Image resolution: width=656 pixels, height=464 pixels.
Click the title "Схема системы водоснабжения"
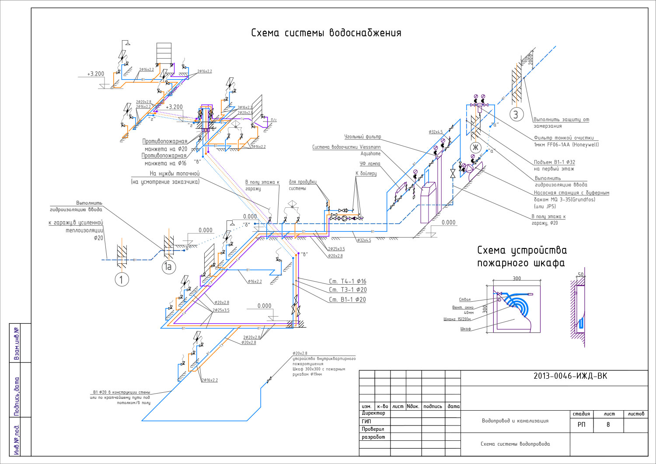pyautogui.click(x=326, y=33)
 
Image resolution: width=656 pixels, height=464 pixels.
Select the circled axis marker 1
pyautogui.click(x=122, y=279)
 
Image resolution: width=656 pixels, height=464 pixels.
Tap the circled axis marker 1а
pyautogui.click(x=169, y=267)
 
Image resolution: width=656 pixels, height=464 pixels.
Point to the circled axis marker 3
pyautogui.click(x=516, y=115)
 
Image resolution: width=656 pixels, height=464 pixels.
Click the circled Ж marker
pyautogui.click(x=476, y=147)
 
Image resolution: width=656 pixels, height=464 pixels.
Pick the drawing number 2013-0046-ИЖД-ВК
pyautogui.click(x=570, y=376)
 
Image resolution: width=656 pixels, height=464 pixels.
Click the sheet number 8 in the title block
pyautogui.click(x=608, y=425)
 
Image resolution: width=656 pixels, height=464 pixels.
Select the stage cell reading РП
pyautogui.click(x=581, y=425)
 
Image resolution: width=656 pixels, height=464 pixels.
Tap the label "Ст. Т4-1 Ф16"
pyautogui.click(x=348, y=282)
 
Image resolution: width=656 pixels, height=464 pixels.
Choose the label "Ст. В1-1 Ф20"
pyautogui.click(x=347, y=300)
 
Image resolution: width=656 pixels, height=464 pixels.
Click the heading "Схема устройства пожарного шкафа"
pyautogui.click(x=522, y=257)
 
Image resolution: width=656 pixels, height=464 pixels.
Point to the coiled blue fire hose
pyautogui.click(x=518, y=304)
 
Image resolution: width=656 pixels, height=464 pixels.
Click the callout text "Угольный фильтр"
pyautogui.click(x=363, y=137)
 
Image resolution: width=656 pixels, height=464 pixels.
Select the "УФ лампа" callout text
pyautogui.click(x=370, y=164)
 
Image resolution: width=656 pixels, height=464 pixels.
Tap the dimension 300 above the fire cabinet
pyautogui.click(x=516, y=279)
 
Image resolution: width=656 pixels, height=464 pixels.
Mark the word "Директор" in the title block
pyautogui.click(x=373, y=413)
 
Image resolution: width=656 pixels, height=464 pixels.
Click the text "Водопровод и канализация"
pyautogui.click(x=515, y=421)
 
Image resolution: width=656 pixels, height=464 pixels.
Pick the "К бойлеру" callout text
pyautogui.click(x=366, y=174)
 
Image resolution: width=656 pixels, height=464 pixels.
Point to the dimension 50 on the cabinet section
pyautogui.click(x=580, y=275)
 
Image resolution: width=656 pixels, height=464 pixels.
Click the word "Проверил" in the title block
pyautogui.click(x=373, y=429)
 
